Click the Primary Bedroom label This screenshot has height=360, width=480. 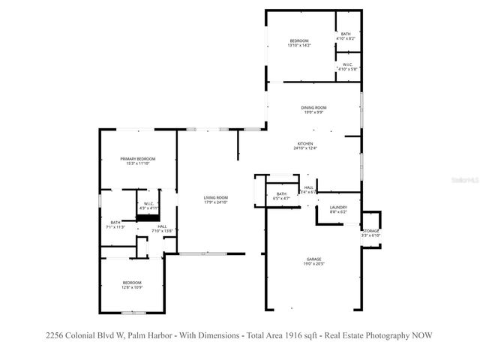pos(138,159)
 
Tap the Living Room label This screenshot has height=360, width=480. pos(216,198)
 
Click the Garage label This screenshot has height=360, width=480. pos(313,259)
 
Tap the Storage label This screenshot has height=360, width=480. pos(372,231)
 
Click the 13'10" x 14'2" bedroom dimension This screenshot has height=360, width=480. pos(298,46)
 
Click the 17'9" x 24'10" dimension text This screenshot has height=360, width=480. pos(216,202)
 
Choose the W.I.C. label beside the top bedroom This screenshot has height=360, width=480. pos(348,64)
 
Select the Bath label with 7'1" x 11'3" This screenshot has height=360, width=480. pos(115,222)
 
